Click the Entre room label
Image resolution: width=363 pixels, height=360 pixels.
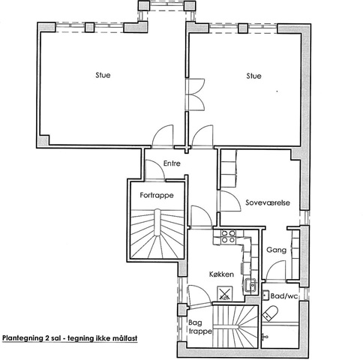click(x=172, y=163)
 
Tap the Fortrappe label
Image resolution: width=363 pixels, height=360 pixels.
click(x=157, y=195)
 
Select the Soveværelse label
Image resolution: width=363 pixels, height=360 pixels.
click(x=268, y=202)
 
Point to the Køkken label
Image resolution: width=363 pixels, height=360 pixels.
click(x=221, y=274)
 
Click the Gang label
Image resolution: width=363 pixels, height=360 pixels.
click(x=276, y=250)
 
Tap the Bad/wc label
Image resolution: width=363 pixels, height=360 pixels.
click(x=284, y=296)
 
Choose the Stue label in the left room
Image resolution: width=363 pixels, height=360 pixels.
click(x=103, y=75)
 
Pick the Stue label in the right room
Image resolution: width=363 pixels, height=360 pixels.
click(x=253, y=76)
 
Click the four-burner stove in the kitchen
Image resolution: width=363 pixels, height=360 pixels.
click(x=229, y=236)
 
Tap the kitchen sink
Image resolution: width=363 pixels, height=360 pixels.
click(x=250, y=285)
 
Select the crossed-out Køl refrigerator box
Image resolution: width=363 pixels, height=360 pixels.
click(x=225, y=293)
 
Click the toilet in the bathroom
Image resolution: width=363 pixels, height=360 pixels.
click(x=270, y=313)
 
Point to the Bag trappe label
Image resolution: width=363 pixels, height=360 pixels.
click(x=200, y=327)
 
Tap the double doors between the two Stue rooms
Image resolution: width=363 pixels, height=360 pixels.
click(x=196, y=94)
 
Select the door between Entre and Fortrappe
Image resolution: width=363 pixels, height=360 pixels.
click(x=154, y=170)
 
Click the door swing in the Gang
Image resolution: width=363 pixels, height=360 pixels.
click(x=276, y=271)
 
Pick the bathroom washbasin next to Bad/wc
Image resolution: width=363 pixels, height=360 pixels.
click(x=265, y=295)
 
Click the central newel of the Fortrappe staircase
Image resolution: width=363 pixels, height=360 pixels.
click(x=157, y=223)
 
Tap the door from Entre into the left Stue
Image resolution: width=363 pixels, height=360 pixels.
click(x=163, y=136)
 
